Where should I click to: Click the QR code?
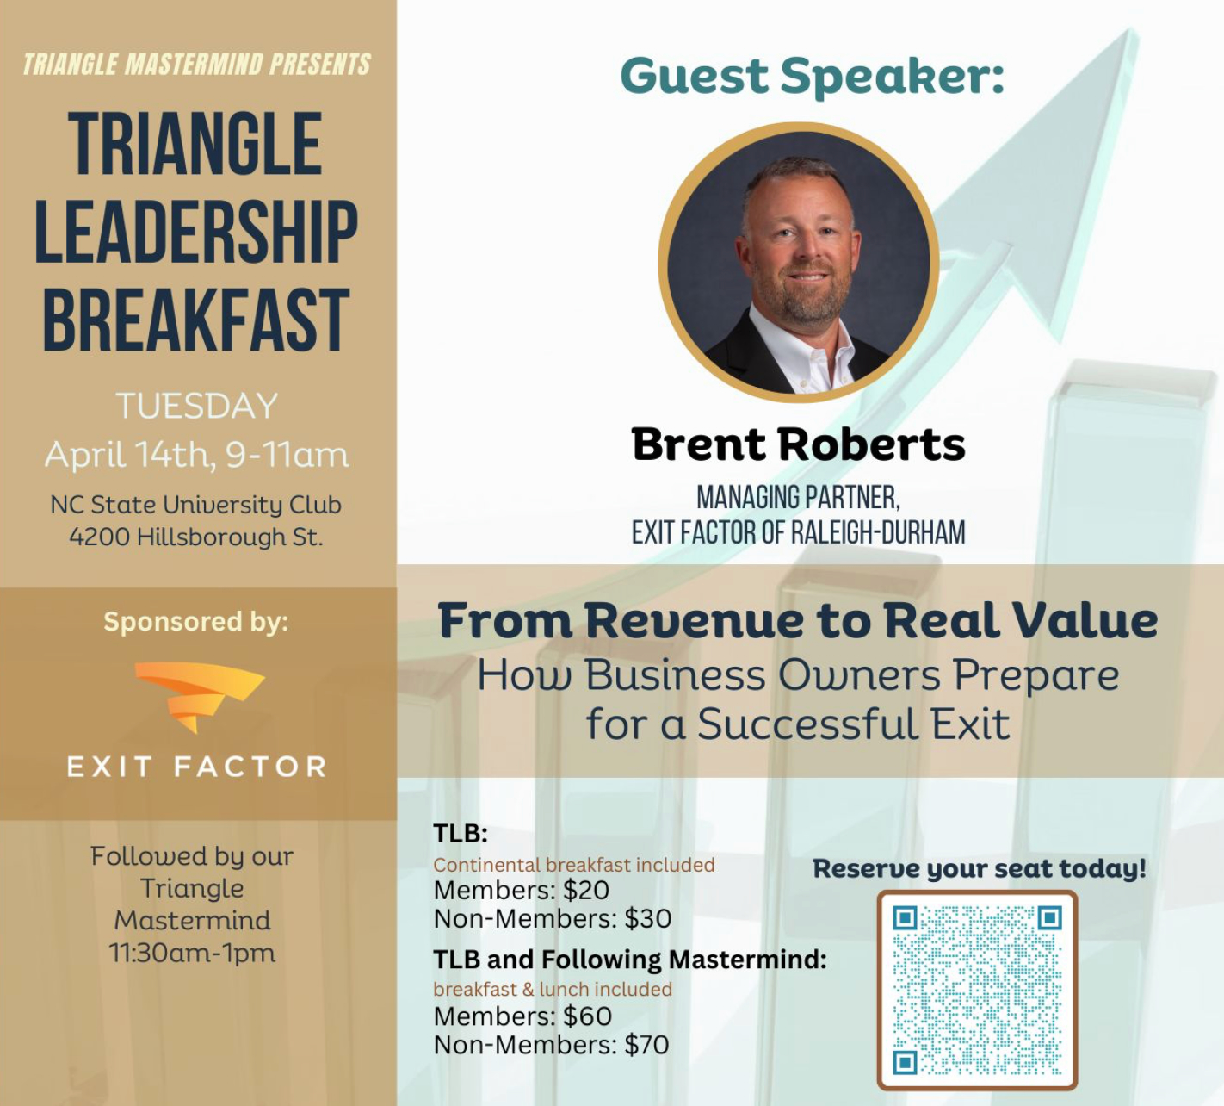pos(977,991)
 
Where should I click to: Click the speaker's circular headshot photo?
pos(799,263)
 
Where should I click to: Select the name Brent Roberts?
pos(798,444)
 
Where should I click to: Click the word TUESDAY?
pos(196,406)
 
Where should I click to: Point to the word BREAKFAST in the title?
pos(196,320)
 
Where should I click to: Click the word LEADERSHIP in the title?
pos(196,232)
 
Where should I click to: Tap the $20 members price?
pos(586,891)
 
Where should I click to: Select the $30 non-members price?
pos(647,918)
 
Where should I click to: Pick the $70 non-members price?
pos(646,1045)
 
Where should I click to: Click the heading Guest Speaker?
pos(813,77)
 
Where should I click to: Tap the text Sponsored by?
pos(196,623)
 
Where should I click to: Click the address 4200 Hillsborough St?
pos(196,537)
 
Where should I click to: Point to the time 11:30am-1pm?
pos(192,954)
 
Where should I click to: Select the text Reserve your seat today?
pos(980,868)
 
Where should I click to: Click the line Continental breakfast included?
pos(573,865)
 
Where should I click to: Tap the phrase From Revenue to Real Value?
pos(798,620)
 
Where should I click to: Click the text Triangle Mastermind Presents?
pos(196,65)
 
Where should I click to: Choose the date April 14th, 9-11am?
pos(196,456)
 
